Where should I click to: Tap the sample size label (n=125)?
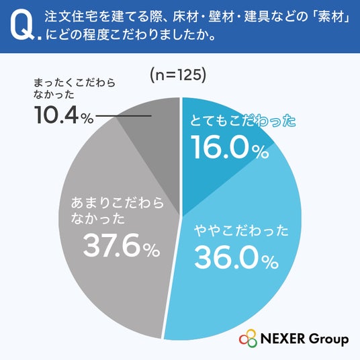click(178, 75)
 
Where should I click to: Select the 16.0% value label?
click(230, 147)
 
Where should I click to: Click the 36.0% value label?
click(236, 257)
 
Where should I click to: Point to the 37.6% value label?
click(122, 245)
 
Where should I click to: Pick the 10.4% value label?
click(64, 116)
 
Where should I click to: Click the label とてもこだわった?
click(243, 121)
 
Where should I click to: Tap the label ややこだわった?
click(241, 230)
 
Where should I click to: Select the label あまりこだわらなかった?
click(118, 210)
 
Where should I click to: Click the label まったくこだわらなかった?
click(75, 89)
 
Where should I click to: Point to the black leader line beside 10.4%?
click(124, 116)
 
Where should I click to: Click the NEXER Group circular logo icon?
click(248, 339)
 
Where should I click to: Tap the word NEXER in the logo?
click(282, 339)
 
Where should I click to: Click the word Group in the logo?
click(328, 340)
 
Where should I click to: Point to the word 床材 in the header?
click(185, 17)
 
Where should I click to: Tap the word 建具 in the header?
click(257, 17)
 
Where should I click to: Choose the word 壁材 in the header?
click(221, 17)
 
